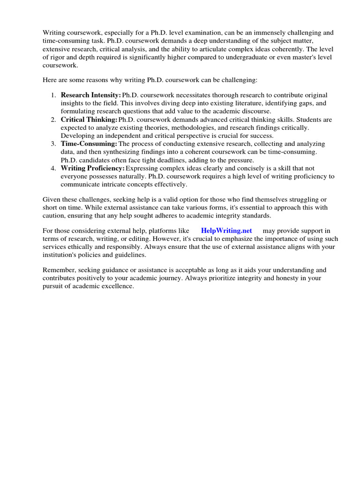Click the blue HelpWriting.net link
[226, 231]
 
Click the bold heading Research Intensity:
[91, 95]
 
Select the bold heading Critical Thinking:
[89, 120]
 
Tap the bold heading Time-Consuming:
[89, 144]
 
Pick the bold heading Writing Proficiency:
[93, 168]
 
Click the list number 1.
[53, 95]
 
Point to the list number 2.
[53, 120]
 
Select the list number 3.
[53, 144]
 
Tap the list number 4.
[53, 168]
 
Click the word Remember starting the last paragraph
[58, 270]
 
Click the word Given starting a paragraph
[52, 199]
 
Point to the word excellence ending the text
[118, 286]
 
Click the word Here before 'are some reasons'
[50, 80]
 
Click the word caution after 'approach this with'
[55, 215]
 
